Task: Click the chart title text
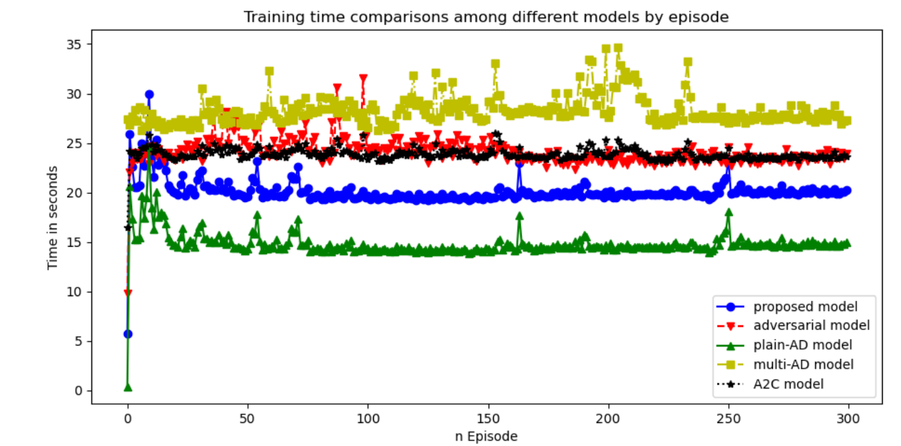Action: pos(486,18)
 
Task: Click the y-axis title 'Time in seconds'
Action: pos(52,217)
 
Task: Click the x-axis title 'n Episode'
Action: pos(486,436)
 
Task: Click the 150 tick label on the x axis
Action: pos(488,419)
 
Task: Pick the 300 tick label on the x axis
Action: pos(848,419)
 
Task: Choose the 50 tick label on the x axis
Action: pos(247,419)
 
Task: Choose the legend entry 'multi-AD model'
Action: pos(803,365)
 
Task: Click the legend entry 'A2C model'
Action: pos(789,384)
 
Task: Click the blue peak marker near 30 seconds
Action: pos(149,95)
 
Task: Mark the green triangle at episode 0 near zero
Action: pos(127,387)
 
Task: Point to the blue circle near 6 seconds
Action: pos(127,333)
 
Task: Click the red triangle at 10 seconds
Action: pos(127,293)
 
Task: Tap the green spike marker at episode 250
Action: pos(728,212)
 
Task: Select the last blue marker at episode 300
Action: pos(847,191)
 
